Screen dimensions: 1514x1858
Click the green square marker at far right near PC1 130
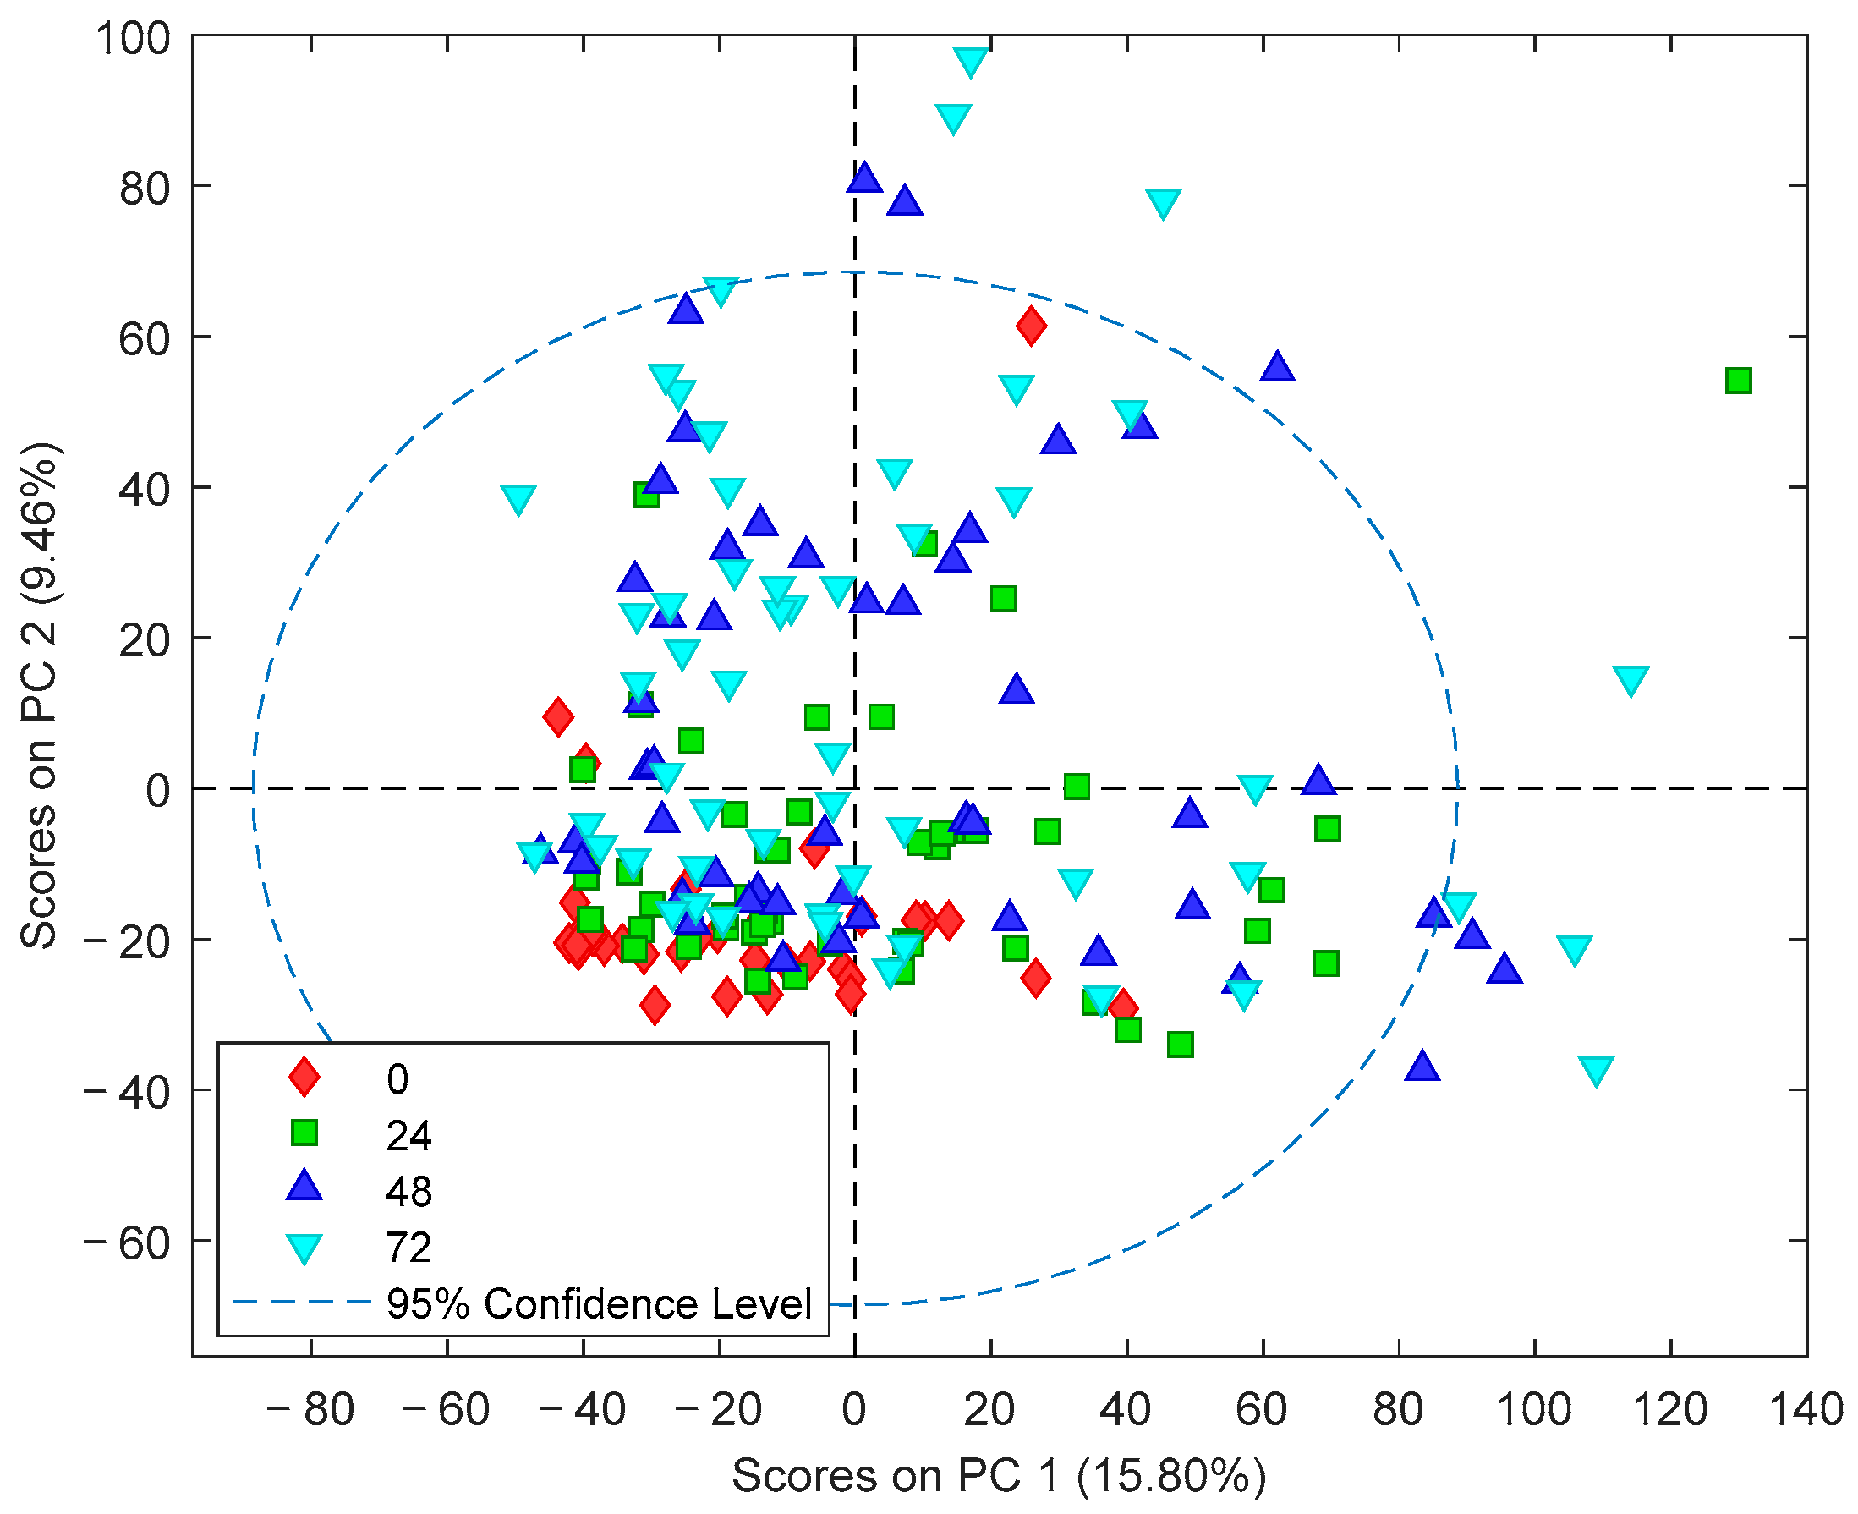point(1738,381)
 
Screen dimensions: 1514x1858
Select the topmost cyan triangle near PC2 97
point(970,59)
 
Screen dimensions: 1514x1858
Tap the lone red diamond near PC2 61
point(1032,326)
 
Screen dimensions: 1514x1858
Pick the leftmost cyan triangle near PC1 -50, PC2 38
point(518,499)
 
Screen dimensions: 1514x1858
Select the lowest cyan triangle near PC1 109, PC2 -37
point(1596,1069)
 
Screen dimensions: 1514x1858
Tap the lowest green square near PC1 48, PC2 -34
point(1180,1044)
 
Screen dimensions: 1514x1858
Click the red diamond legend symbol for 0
point(304,1076)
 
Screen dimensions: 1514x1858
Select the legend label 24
point(408,1135)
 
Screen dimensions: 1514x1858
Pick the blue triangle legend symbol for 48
point(304,1188)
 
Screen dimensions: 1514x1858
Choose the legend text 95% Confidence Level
point(599,1304)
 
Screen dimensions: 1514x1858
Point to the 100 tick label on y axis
point(133,39)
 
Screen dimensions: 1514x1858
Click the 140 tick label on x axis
point(1805,1409)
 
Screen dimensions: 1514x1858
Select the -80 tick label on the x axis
point(310,1409)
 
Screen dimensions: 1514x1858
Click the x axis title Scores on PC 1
point(998,1476)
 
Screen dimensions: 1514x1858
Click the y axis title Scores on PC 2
point(38,695)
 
